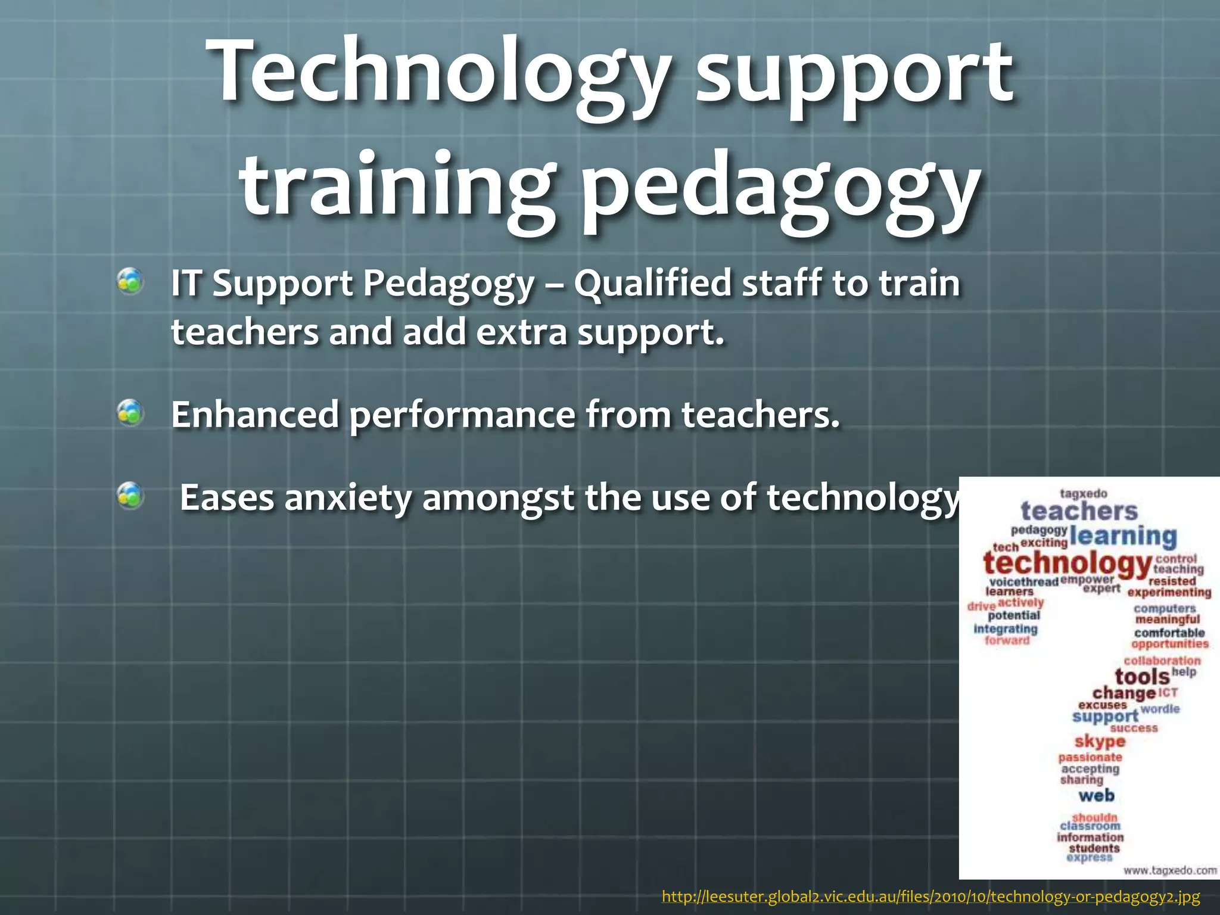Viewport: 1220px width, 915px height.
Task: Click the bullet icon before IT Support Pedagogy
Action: click(130, 281)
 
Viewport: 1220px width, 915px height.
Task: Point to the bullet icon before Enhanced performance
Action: click(130, 413)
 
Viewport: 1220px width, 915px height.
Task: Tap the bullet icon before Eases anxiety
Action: click(130, 496)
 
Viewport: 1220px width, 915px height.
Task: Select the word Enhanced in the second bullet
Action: click(255, 415)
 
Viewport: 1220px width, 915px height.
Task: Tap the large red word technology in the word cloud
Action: click(1067, 563)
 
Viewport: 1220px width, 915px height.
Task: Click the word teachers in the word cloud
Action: click(1079, 511)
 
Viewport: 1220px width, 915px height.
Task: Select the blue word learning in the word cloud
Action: click(1123, 536)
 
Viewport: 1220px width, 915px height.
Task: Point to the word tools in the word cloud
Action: click(1142, 677)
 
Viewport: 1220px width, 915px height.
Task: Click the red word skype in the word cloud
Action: click(1100, 742)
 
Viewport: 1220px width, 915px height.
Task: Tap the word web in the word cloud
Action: click(1096, 795)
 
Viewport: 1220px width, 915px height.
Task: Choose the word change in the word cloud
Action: click(1123, 693)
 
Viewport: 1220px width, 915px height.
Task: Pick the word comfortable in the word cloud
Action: click(1169, 633)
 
